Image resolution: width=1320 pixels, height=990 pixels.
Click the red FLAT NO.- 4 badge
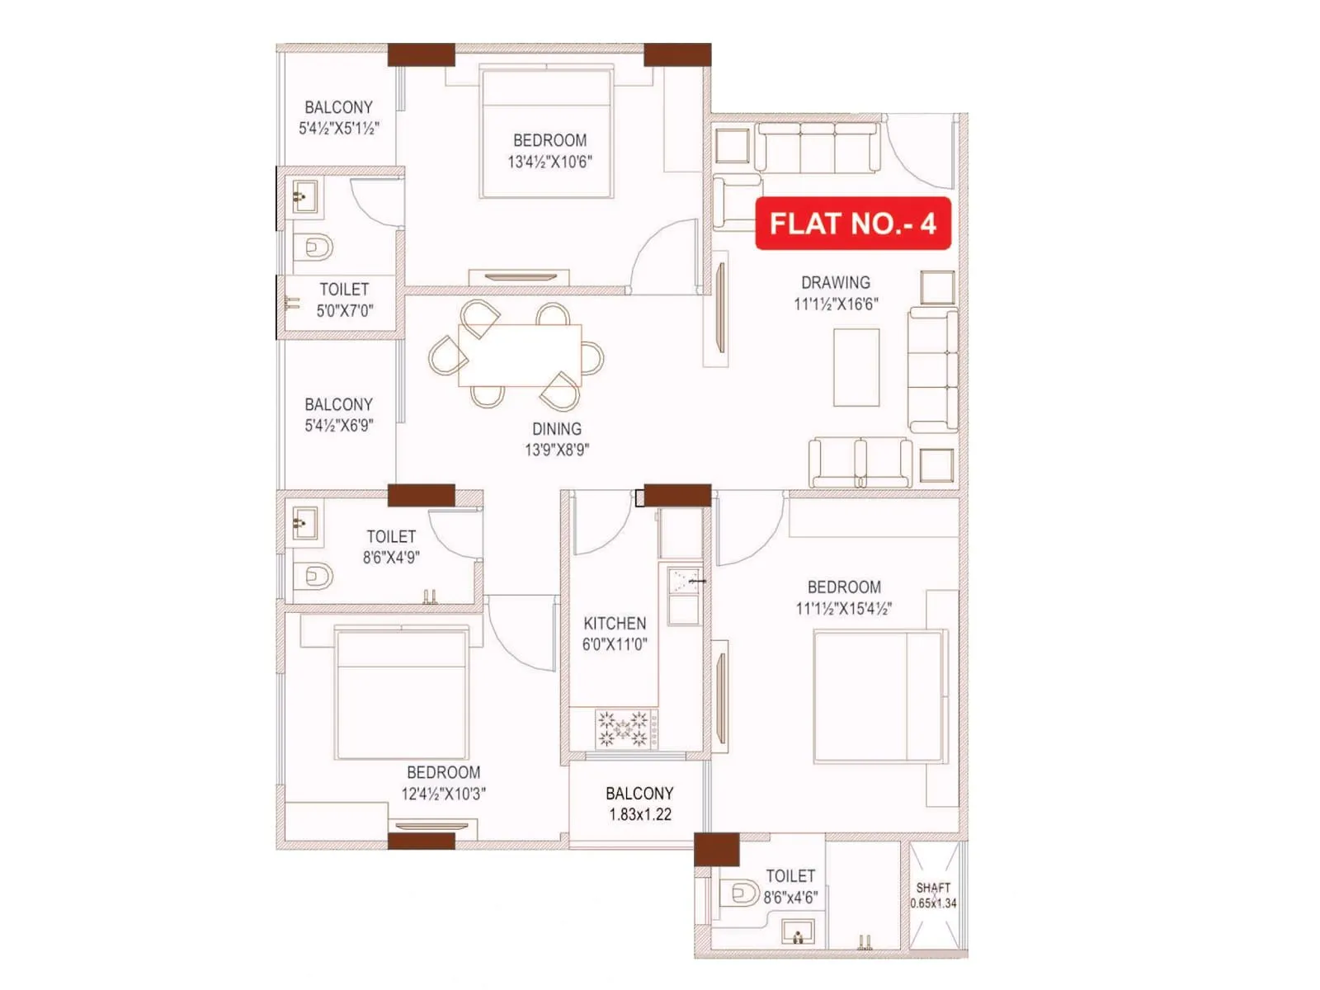tap(853, 224)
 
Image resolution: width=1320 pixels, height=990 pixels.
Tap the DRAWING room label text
tap(835, 283)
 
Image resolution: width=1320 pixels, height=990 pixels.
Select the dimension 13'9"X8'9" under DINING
tap(557, 450)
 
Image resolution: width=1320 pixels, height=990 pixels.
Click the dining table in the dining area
tap(520, 355)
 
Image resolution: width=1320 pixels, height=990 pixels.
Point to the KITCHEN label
tap(615, 624)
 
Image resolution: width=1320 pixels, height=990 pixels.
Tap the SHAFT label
tap(933, 888)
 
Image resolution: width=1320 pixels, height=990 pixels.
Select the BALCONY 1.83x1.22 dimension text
tap(640, 815)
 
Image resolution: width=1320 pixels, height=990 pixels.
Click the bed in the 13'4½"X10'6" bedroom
tap(547, 134)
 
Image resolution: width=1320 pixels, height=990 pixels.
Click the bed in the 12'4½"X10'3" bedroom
tap(402, 693)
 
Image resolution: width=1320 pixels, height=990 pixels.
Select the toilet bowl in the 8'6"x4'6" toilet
tap(743, 893)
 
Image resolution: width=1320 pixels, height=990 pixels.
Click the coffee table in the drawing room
tap(856, 367)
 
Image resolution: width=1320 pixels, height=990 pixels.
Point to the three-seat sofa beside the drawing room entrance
tap(817, 148)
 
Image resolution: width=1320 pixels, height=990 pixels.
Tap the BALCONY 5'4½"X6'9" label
tap(338, 405)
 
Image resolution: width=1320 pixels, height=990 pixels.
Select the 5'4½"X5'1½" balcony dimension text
tap(338, 129)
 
